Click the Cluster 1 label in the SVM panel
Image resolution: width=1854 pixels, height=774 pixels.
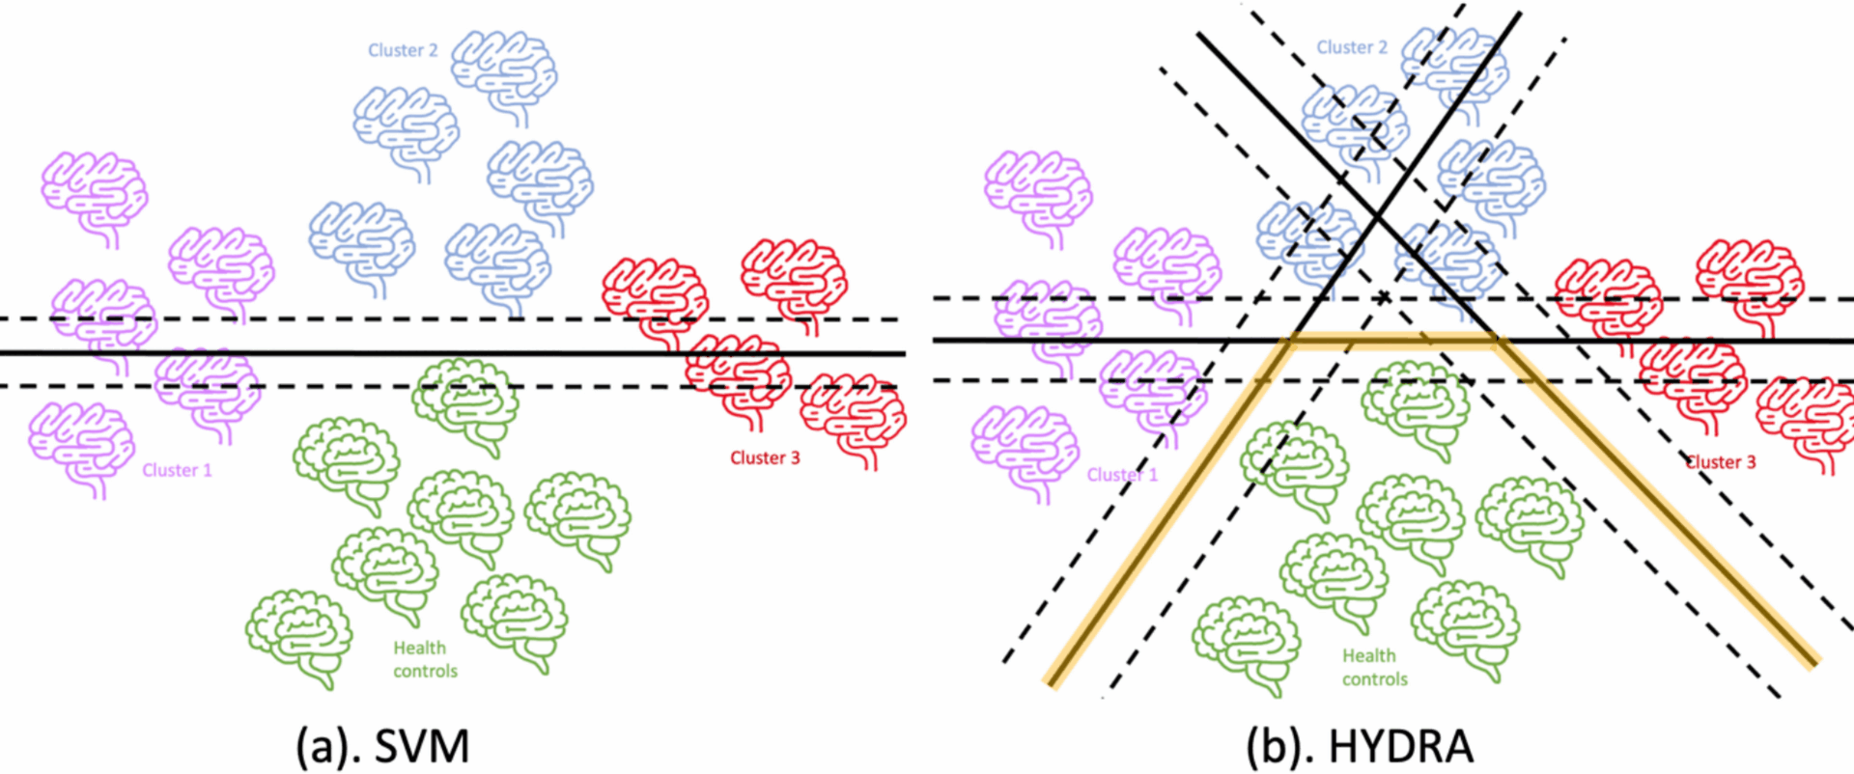(x=177, y=470)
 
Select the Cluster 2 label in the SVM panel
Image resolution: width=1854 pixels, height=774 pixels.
(x=403, y=50)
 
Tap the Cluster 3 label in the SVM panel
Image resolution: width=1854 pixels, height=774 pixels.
(x=765, y=457)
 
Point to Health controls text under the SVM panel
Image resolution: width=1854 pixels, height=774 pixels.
(x=423, y=659)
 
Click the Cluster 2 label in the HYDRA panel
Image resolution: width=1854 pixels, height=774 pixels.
(x=1352, y=47)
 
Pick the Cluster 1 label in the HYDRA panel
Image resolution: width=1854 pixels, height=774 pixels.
(x=1122, y=475)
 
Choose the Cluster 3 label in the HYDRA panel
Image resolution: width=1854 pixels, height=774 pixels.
(x=1721, y=462)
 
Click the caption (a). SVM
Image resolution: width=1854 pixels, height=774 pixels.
(x=382, y=746)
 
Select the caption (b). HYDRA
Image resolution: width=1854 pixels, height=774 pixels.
(x=1360, y=746)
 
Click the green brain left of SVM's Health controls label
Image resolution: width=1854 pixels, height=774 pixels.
(x=299, y=636)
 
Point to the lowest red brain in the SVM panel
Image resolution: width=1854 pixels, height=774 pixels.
(x=854, y=418)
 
